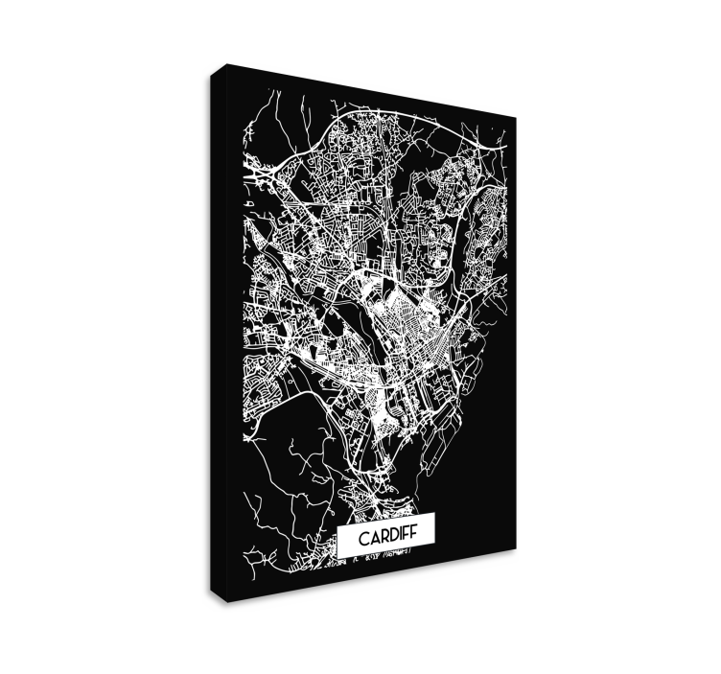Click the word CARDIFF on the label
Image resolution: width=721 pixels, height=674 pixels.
click(x=386, y=539)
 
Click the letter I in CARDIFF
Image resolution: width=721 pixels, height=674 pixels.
click(x=398, y=539)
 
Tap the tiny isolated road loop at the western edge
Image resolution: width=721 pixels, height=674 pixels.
click(x=247, y=204)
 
